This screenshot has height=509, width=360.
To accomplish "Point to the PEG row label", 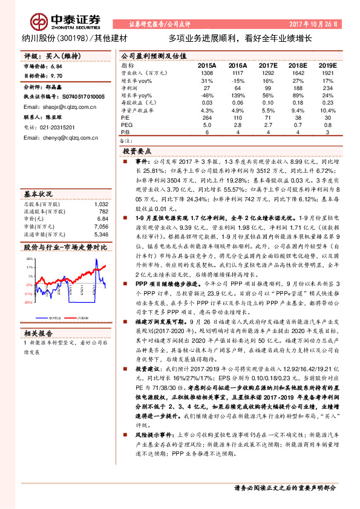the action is tap(126, 125).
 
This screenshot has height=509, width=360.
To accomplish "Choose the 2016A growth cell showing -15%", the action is tap(237, 80).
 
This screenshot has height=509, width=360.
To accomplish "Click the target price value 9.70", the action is tap(56, 76).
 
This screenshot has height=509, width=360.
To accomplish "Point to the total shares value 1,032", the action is tap(100, 205).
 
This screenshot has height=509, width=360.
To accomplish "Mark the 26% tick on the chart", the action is tap(28, 259).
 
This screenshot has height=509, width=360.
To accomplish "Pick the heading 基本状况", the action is tap(39, 195).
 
